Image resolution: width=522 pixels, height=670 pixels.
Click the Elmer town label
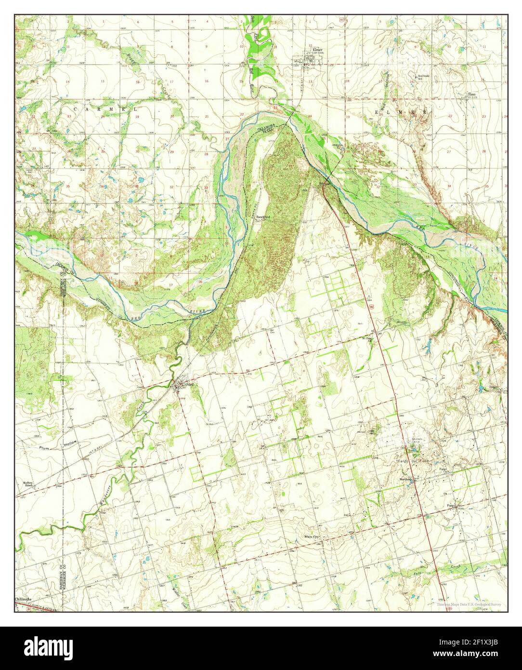(317, 50)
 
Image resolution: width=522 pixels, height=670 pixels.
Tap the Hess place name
(472, 94)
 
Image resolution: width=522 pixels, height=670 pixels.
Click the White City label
(312, 536)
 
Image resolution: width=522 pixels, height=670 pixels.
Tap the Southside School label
(423, 77)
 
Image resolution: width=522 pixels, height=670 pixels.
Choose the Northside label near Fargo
(407, 479)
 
